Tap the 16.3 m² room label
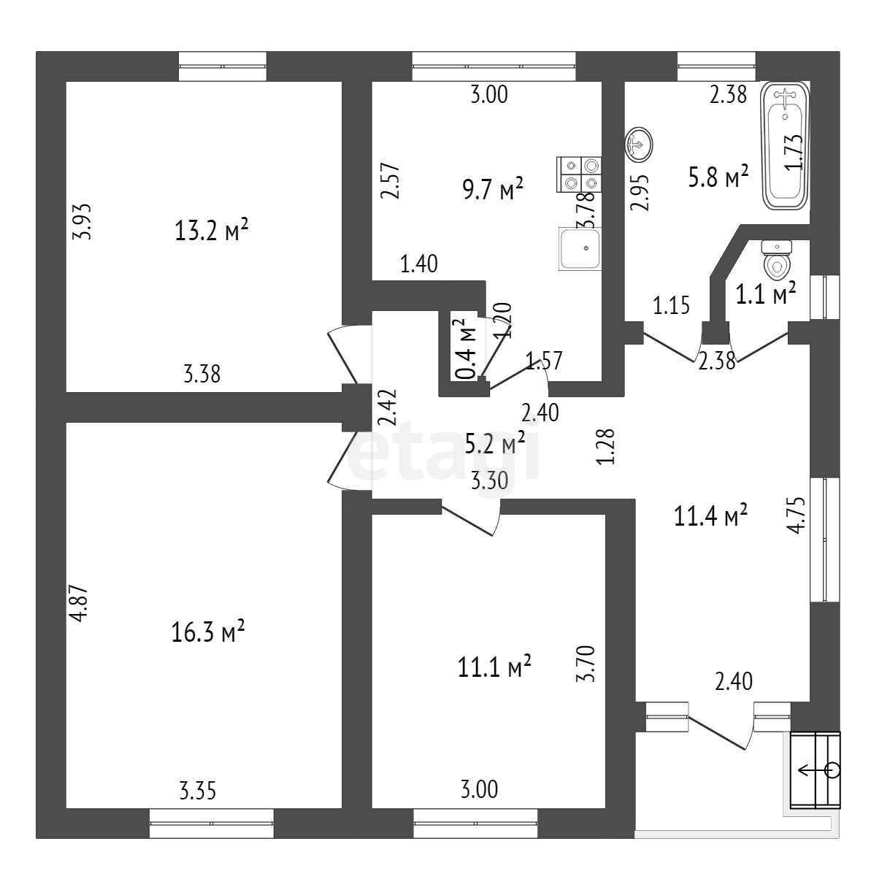tap(208, 632)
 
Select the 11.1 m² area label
tap(495, 667)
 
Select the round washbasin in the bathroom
tap(639, 144)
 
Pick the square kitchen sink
tap(580, 248)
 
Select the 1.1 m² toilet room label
tap(764, 294)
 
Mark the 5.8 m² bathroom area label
tap(718, 177)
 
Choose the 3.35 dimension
tap(197, 791)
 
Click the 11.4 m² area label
tap(710, 517)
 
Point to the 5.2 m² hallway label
tap(495, 442)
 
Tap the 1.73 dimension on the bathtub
tap(795, 152)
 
